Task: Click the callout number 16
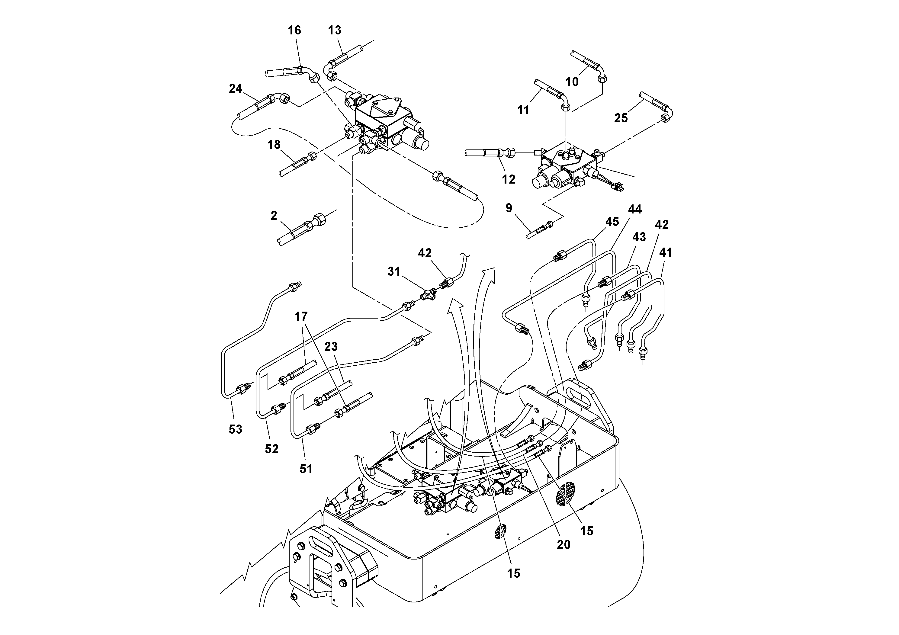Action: [x=294, y=30]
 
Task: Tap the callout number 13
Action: [x=335, y=30]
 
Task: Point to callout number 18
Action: [x=274, y=145]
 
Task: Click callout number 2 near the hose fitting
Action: [x=274, y=215]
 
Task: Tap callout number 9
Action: [x=509, y=208]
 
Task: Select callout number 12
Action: [x=509, y=179]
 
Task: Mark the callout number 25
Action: [x=621, y=118]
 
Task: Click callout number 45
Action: [x=612, y=222]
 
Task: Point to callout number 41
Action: [x=666, y=252]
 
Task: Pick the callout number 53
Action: [x=235, y=429]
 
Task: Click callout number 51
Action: [x=306, y=469]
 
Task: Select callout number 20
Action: [x=563, y=544]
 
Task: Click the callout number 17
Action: [x=301, y=316]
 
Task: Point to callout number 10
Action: [x=572, y=82]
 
